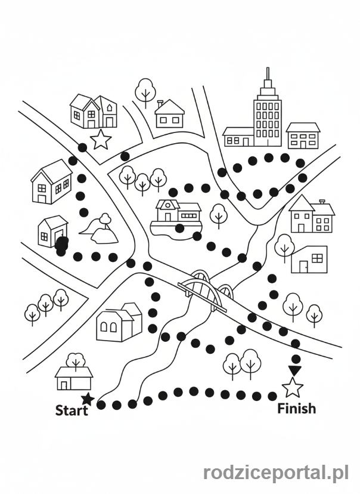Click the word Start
[72, 410]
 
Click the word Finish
[297, 409]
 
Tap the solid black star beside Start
[88, 399]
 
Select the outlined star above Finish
[292, 388]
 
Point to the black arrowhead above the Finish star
[294, 370]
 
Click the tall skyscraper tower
[267, 116]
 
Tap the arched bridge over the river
[206, 291]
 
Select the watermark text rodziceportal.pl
[276, 473]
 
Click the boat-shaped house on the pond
[176, 216]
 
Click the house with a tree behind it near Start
[74, 376]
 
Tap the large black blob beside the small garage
[61, 245]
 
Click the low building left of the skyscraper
[238, 137]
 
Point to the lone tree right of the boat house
[219, 214]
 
